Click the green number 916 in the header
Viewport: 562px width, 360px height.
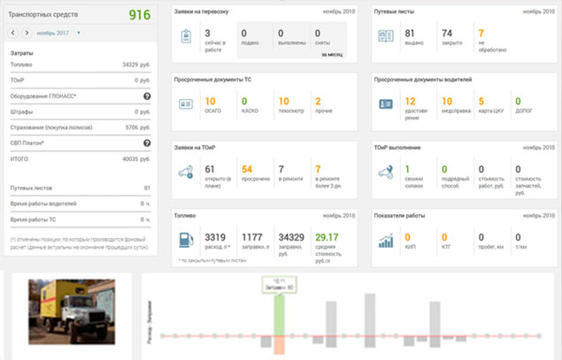tap(140, 15)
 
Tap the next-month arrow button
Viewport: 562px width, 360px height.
tap(27, 33)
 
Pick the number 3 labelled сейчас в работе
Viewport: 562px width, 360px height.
tap(206, 33)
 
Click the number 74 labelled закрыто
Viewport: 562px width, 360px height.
tap(447, 33)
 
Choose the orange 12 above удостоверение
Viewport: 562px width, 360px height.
tap(410, 101)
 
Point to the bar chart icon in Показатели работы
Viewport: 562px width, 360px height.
tap(386, 241)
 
